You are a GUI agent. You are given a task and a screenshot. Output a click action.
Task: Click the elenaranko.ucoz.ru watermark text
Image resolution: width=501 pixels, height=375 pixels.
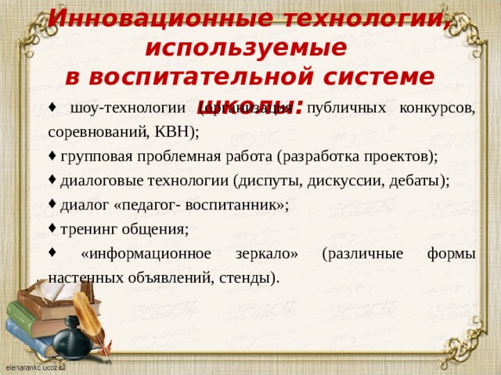click(x=35, y=366)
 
